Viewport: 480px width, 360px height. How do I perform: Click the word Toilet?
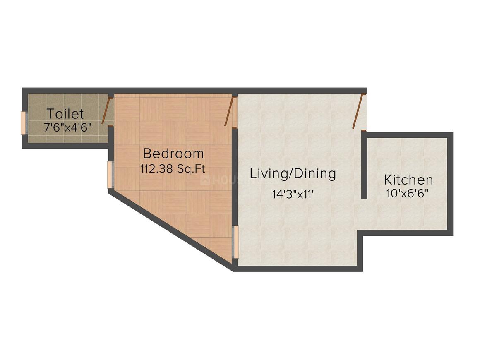point(65,114)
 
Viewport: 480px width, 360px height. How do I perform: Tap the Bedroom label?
point(173,154)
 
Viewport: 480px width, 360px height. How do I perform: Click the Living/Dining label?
point(293,173)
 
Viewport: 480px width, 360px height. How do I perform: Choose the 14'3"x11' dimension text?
point(295,194)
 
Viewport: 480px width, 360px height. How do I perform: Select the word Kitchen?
point(408,180)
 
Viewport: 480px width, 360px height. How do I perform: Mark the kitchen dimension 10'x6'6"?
point(407,193)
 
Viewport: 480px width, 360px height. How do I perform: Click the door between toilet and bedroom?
point(110,111)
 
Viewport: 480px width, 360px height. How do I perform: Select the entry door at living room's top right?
point(359,111)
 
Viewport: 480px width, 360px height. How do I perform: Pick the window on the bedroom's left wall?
point(110,175)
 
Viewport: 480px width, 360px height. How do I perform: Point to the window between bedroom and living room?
point(235,242)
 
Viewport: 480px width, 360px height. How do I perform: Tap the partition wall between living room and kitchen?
point(364,166)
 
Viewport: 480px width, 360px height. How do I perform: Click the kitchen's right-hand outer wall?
point(451,184)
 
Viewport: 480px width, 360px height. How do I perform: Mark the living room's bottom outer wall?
point(298,269)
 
